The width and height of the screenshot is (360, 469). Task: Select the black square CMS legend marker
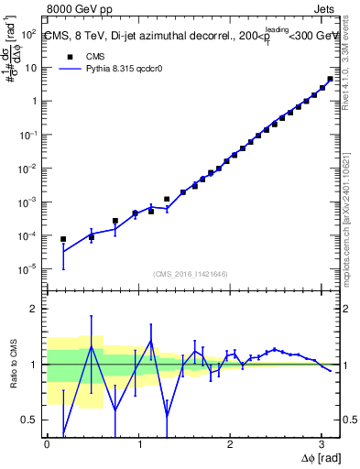point(66,56)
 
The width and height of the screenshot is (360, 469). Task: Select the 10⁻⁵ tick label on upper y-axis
point(27,269)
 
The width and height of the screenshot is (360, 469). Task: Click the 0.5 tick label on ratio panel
point(28,420)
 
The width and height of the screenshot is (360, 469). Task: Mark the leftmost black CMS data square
point(63,239)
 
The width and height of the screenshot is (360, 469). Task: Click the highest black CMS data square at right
point(330,79)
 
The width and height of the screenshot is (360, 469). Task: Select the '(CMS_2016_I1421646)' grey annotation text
point(191,274)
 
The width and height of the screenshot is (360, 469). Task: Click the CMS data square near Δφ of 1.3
point(167,199)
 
